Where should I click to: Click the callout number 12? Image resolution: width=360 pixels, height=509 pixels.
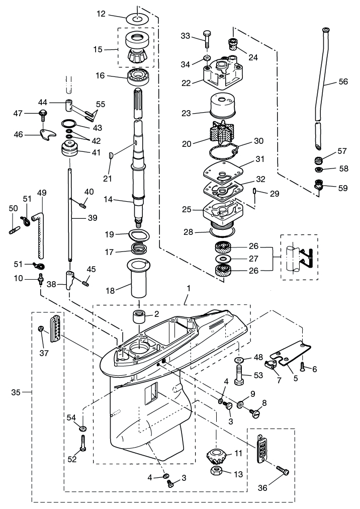pos(101,14)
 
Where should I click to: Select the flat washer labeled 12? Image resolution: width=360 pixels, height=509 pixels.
pos(137,18)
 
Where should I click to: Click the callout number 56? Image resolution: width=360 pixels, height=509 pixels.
pos(343,81)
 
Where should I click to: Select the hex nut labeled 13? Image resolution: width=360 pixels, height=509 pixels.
pos(218,472)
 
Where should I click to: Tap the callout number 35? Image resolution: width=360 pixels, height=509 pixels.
pos(16,392)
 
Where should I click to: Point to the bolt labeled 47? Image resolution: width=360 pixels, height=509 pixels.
pos(43,115)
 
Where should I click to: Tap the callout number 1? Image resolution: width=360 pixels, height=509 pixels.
pos(189,288)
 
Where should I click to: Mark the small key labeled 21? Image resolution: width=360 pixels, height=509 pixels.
pos(111,155)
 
